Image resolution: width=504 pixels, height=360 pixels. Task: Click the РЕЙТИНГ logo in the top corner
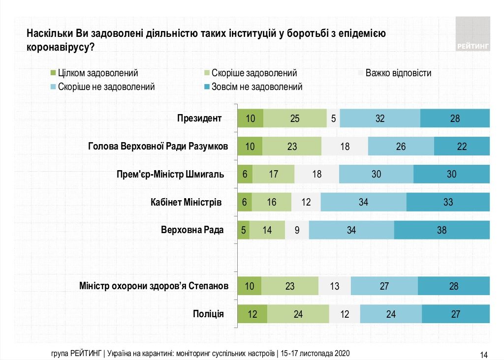tap(473, 34)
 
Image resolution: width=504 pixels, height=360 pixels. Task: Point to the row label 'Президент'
tap(199, 118)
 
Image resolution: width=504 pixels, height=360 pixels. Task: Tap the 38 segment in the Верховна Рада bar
tap(442, 230)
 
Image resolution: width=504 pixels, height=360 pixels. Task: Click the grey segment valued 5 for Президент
tap(333, 118)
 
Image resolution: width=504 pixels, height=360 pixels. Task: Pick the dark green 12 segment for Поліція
tap(252, 314)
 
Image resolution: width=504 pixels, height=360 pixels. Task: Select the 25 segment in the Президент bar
tap(295, 118)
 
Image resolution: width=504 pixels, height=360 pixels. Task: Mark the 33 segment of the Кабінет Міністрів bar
tap(448, 202)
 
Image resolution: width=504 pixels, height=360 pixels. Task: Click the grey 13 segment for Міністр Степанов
tap(335, 286)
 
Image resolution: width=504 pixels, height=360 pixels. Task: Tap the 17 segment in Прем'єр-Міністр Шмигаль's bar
tap(273, 174)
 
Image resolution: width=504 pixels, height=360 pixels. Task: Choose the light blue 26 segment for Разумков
tap(401, 146)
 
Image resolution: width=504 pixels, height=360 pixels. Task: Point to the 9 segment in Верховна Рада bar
tap(297, 230)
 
